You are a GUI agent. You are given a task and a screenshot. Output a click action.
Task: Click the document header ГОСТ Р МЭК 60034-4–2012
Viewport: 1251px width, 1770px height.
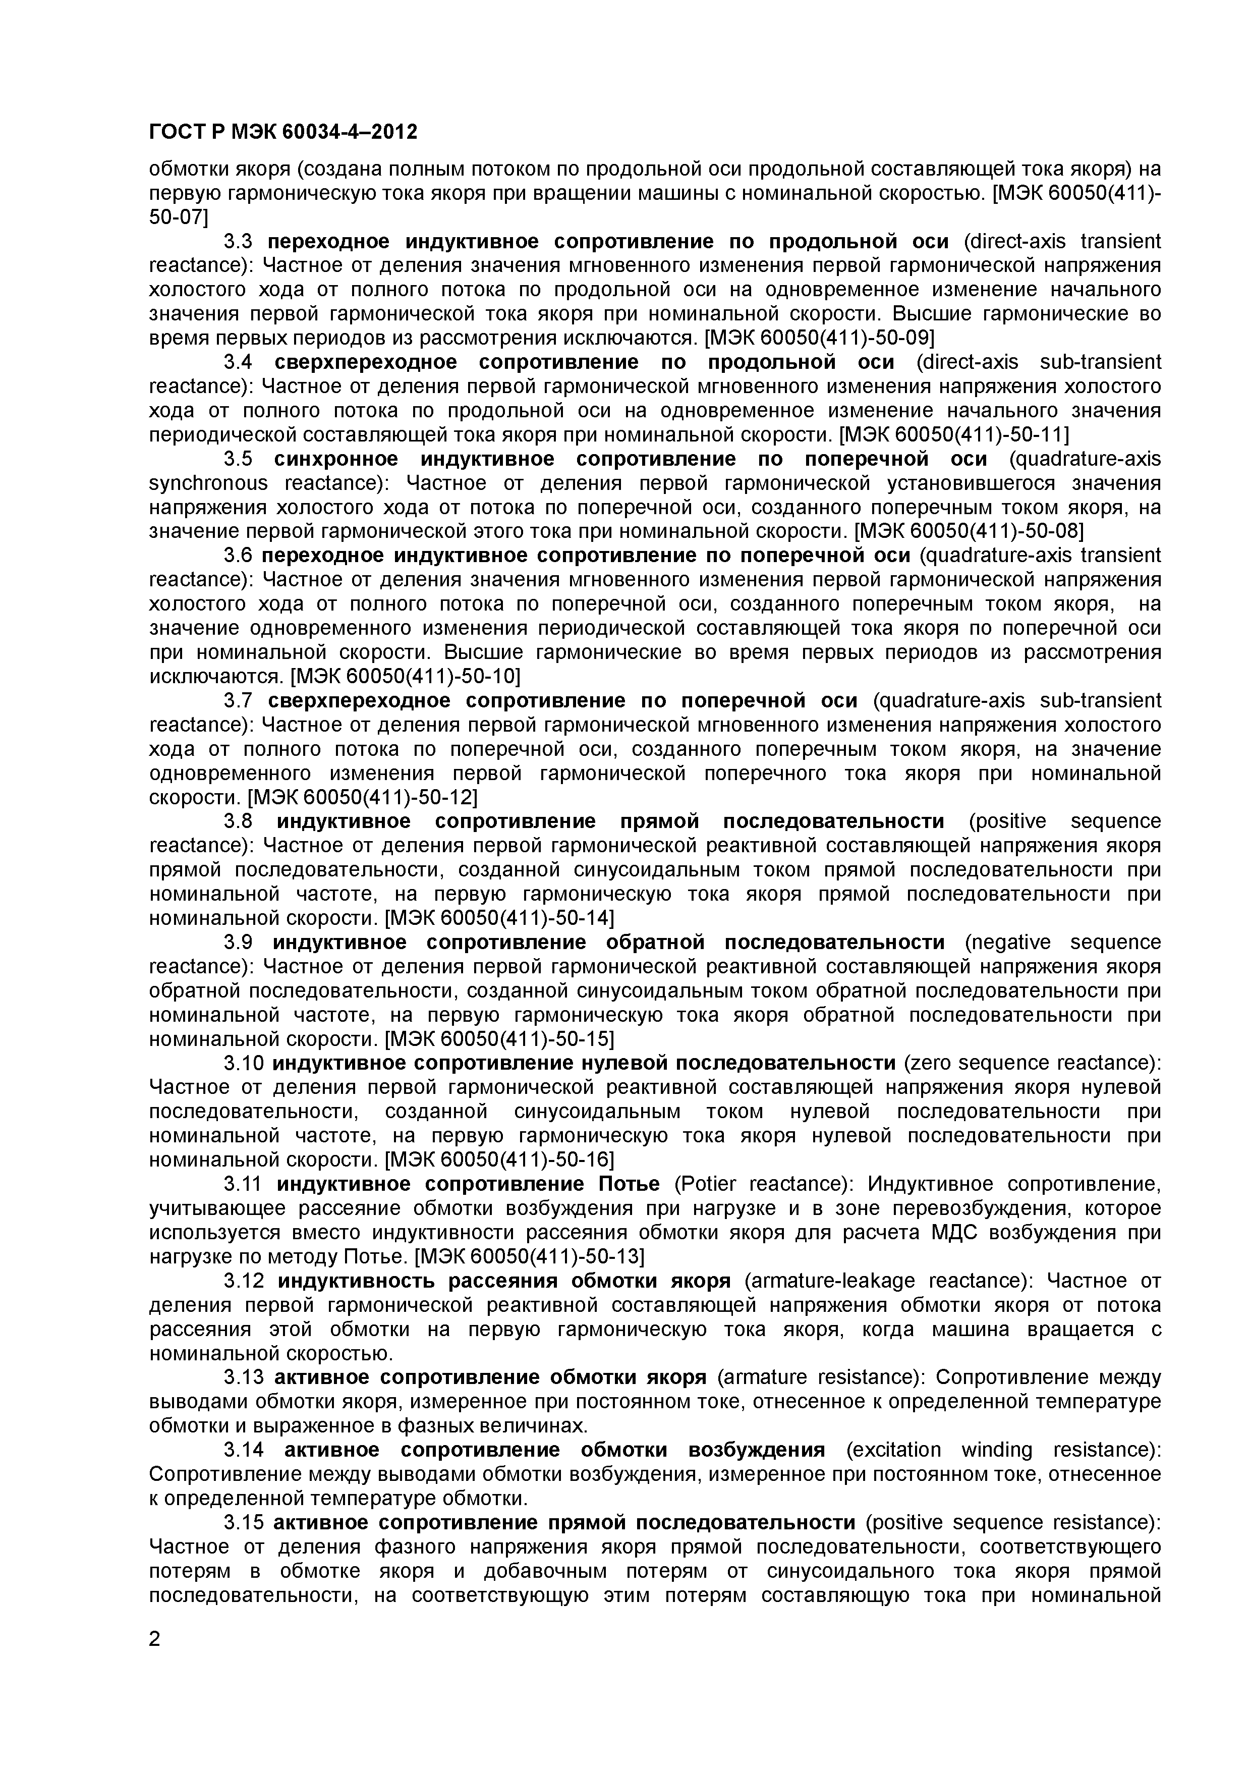(x=283, y=133)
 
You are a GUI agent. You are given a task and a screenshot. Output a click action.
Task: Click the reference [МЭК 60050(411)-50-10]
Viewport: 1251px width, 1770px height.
(x=406, y=677)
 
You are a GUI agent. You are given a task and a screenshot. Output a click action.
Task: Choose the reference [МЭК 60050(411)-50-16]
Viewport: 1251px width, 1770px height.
(x=499, y=1159)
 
